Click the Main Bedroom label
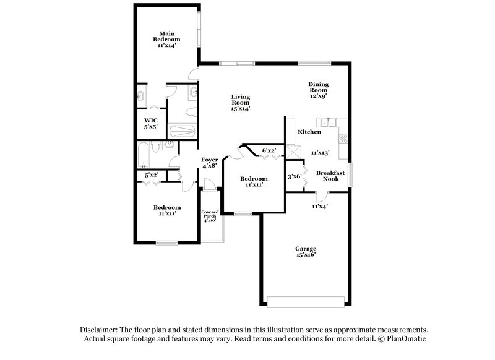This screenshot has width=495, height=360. click(x=165, y=39)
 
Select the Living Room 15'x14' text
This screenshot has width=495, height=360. click(x=241, y=102)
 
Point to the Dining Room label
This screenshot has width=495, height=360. click(x=318, y=90)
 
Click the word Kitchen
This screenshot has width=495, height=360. click(x=309, y=132)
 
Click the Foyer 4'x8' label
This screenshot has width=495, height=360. click(x=210, y=163)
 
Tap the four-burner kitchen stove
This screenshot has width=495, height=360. click(x=344, y=137)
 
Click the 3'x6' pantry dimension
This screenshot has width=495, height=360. click(x=294, y=177)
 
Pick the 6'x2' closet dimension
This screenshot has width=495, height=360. click(x=269, y=150)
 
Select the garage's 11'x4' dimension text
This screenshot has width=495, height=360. click(x=319, y=206)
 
